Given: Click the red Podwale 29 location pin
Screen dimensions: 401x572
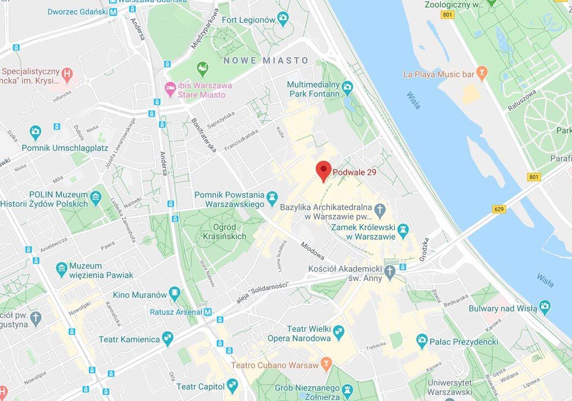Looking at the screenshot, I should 323,170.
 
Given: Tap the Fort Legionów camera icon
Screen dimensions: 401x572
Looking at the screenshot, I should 283,19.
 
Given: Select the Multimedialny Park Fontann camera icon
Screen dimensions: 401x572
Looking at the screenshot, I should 347,86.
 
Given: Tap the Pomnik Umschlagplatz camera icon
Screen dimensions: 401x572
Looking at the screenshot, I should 36,133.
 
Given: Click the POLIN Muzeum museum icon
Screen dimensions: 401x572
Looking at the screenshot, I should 96,196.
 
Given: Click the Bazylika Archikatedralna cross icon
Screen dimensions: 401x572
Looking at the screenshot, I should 380,209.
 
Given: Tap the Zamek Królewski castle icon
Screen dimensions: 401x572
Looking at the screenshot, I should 403,229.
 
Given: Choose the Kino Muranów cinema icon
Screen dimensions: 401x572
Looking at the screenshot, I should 175,292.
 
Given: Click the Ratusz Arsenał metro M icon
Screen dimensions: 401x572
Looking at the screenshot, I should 208,312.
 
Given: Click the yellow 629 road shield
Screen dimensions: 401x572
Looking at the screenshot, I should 499,209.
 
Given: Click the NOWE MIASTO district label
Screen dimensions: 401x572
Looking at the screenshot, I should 266,60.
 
